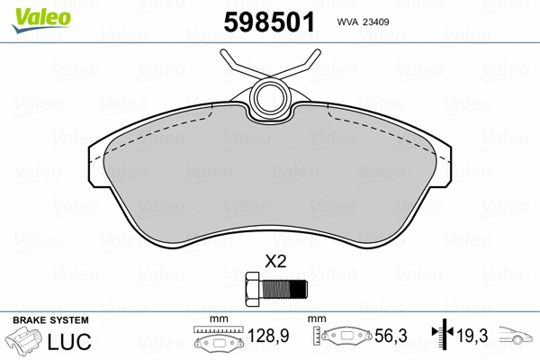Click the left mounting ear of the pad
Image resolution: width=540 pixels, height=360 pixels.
tap(94, 161)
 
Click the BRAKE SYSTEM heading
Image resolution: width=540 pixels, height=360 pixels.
tap(49, 320)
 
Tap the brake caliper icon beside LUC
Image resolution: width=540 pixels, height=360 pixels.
tap(28, 343)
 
